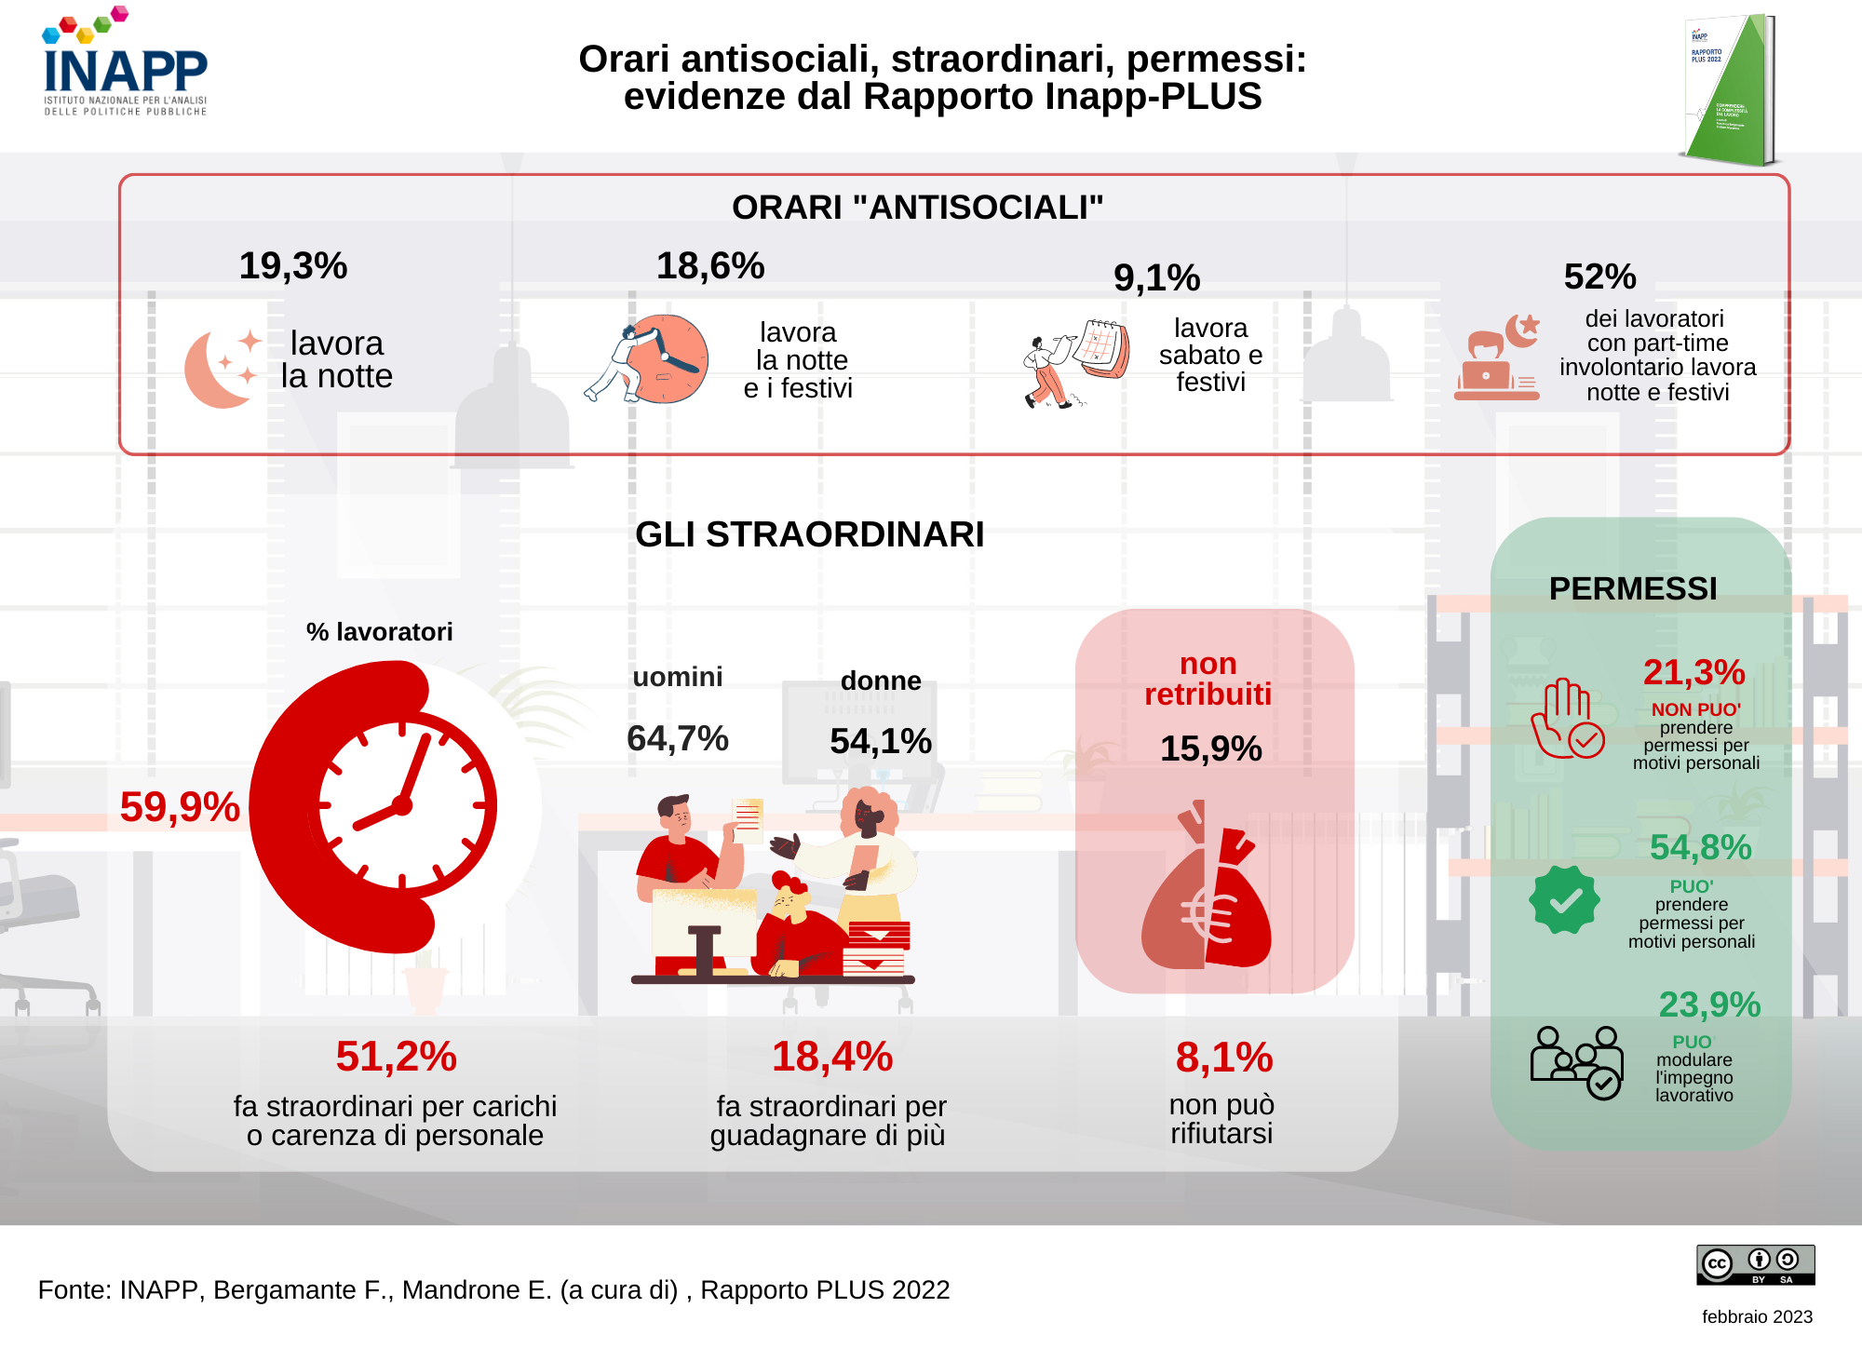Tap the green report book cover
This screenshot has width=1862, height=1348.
1728,90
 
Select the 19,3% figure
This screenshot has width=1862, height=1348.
293,266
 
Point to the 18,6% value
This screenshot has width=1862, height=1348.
710,266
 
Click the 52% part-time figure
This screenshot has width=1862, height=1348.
1599,276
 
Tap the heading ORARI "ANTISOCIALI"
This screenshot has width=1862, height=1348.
917,208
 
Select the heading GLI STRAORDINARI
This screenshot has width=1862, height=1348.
809,534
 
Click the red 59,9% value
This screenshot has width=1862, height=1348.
180,806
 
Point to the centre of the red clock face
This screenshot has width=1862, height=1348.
402,806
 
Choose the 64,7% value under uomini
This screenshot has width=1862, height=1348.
677,738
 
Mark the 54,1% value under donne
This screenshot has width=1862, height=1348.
880,741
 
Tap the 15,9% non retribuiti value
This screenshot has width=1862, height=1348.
1210,748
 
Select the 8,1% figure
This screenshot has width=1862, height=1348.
1223,1058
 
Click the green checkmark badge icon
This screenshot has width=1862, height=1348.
1564,900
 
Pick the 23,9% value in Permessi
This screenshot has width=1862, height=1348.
1709,1004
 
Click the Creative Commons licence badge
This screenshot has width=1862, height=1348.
1755,1265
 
